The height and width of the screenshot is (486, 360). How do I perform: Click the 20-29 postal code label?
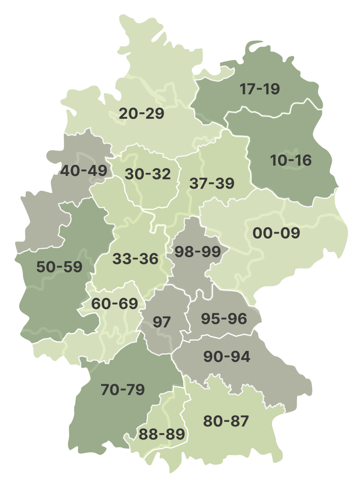(141, 113)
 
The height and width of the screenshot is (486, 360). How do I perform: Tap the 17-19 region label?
(259, 89)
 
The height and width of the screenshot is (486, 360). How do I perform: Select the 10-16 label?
(290, 160)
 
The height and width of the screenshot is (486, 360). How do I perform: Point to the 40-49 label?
(84, 171)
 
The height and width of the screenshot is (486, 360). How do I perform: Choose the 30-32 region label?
(148, 174)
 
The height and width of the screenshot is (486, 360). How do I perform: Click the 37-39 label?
(212, 183)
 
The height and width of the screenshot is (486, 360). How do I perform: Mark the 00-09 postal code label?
(276, 233)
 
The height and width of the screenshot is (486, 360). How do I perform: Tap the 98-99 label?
(197, 251)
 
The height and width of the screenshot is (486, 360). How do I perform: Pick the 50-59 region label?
(59, 267)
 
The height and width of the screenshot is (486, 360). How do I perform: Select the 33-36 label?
(135, 259)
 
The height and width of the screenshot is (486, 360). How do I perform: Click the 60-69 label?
(115, 304)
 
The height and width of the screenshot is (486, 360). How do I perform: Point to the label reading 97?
(162, 322)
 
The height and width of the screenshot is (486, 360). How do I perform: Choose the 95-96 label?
(224, 319)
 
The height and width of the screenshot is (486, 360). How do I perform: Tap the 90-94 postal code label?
(227, 357)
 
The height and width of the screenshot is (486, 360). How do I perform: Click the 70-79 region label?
(123, 389)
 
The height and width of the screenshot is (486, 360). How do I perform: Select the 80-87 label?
(226, 421)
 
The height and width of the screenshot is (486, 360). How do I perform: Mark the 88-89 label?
(162, 434)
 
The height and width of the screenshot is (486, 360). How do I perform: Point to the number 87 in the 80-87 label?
(241, 421)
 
